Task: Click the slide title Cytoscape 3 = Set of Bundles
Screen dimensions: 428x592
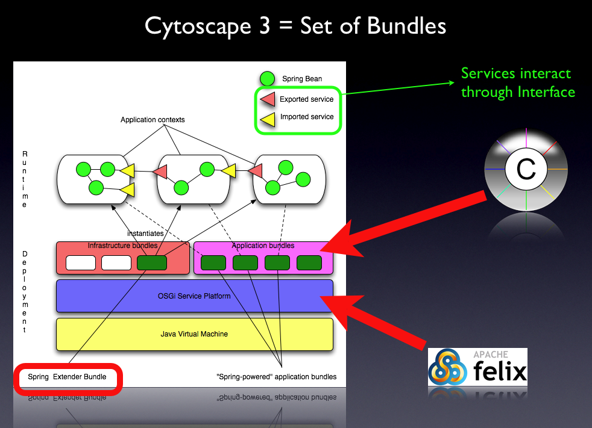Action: (x=295, y=26)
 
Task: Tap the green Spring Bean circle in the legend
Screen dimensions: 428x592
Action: (x=267, y=79)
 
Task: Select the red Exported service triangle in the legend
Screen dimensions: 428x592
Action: (x=267, y=99)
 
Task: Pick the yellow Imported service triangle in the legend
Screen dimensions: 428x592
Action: (x=268, y=117)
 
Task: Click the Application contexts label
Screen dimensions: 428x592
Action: (x=153, y=120)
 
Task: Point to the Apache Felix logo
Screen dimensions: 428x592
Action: (x=477, y=367)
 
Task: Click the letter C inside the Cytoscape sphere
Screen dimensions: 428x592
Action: (x=526, y=169)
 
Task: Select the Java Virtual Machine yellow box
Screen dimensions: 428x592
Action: (x=194, y=334)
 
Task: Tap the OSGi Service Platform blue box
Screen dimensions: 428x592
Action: (x=194, y=296)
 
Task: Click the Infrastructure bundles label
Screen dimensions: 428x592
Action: (x=122, y=246)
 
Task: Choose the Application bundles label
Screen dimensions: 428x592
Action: (x=263, y=246)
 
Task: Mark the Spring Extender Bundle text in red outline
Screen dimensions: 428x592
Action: (x=67, y=377)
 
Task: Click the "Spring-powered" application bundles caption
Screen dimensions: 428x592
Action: (x=276, y=377)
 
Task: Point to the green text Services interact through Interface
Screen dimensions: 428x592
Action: (x=518, y=82)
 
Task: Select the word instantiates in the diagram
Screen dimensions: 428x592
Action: (x=145, y=233)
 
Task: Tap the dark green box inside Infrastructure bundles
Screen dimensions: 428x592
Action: (x=152, y=263)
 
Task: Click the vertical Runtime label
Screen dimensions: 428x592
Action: (x=25, y=180)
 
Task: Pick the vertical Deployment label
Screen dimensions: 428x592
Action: (x=25, y=292)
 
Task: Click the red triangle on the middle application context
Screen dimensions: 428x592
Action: (x=160, y=172)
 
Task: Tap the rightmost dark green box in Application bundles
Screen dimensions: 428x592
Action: (x=309, y=263)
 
